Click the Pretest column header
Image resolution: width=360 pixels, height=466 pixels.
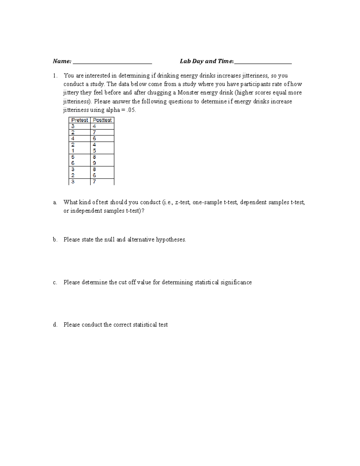79,120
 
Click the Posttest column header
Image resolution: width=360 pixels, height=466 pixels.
102,120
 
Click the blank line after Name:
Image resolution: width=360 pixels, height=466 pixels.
112,62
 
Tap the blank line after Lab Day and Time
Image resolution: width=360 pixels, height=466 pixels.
263,62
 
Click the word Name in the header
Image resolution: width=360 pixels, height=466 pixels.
61,61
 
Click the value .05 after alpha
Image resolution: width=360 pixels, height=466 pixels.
131,110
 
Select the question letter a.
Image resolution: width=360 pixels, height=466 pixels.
55,203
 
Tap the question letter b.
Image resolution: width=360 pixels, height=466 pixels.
55,240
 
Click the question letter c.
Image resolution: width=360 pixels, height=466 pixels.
55,283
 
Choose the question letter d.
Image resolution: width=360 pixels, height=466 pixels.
55,325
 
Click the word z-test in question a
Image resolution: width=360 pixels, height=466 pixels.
182,203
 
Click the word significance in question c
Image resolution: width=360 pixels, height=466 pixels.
236,283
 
